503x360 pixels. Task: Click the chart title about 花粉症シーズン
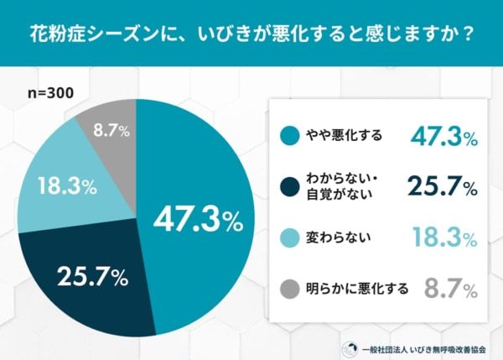tap(251, 34)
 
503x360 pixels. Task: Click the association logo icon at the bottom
tap(346, 346)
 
